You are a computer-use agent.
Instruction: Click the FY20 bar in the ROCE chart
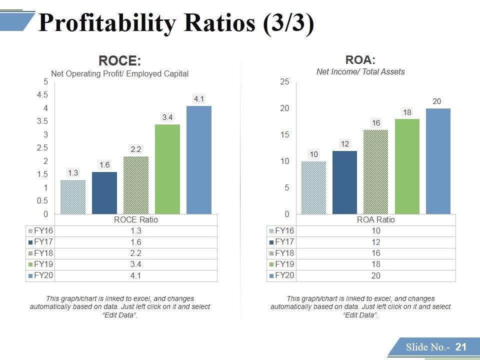pos(199,160)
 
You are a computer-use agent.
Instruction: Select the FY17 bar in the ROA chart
pos(344,182)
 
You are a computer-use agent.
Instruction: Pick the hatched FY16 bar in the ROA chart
pos(313,188)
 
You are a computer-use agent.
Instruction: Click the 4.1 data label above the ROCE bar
pos(199,99)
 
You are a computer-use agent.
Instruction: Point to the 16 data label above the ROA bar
pos(376,123)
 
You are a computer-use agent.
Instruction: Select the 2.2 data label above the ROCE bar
pos(136,149)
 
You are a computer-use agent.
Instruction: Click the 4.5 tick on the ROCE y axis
pos(42,95)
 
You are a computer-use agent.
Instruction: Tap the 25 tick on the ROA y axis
pos(284,82)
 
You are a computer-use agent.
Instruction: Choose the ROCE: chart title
pos(120,61)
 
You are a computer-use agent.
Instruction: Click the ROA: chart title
pos(360,60)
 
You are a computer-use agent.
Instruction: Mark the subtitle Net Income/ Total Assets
pos(360,71)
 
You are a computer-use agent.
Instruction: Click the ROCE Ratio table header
pos(136,219)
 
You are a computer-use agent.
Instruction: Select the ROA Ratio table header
pos(375,219)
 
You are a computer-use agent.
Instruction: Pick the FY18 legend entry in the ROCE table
pos(40,253)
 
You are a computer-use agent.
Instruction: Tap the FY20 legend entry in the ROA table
pos(281,275)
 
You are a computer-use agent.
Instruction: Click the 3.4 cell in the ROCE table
pos(136,264)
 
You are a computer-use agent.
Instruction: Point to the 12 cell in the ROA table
pos(375,242)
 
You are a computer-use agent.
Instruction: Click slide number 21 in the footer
pos(460,347)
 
